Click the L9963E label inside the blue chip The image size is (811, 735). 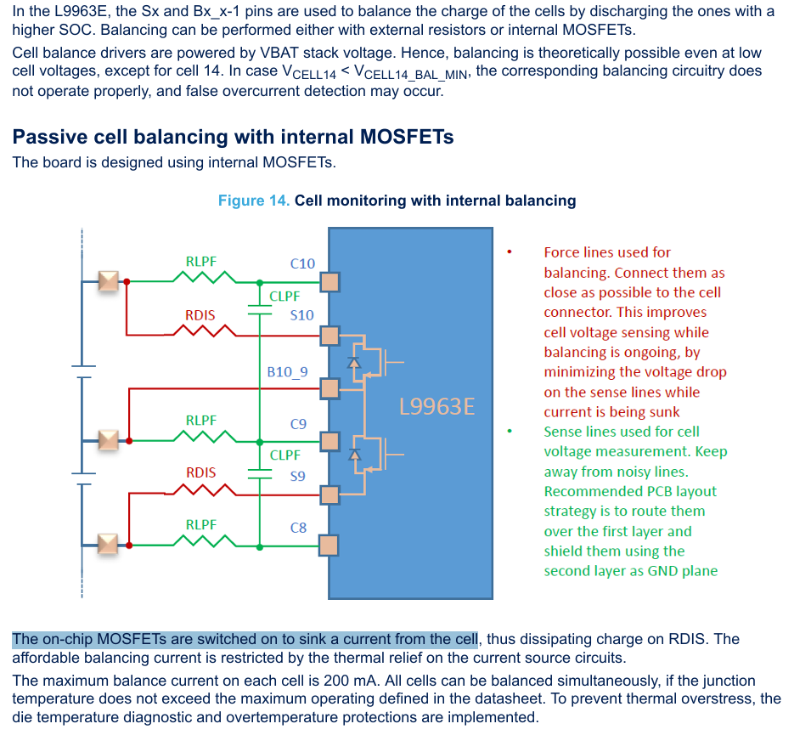[x=436, y=406]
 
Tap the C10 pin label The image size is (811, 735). [x=302, y=263]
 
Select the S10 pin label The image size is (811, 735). [x=301, y=315]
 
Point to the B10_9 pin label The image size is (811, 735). [x=287, y=371]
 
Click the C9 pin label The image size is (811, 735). [x=298, y=423]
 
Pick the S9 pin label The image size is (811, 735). [x=297, y=476]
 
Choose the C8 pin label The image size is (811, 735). [x=298, y=528]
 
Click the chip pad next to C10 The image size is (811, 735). [x=329, y=281]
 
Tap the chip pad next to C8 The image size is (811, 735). [x=329, y=544]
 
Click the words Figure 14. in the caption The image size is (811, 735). [x=254, y=201]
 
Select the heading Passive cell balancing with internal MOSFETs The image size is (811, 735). [x=233, y=137]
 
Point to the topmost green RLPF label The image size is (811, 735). [x=201, y=262]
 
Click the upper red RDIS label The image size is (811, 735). [x=200, y=315]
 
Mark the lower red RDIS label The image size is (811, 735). [x=200, y=472]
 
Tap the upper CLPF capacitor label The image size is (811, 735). [x=284, y=297]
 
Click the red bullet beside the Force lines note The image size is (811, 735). [x=509, y=252]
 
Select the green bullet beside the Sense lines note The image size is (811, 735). [x=509, y=432]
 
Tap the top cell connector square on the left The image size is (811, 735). [x=108, y=280]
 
